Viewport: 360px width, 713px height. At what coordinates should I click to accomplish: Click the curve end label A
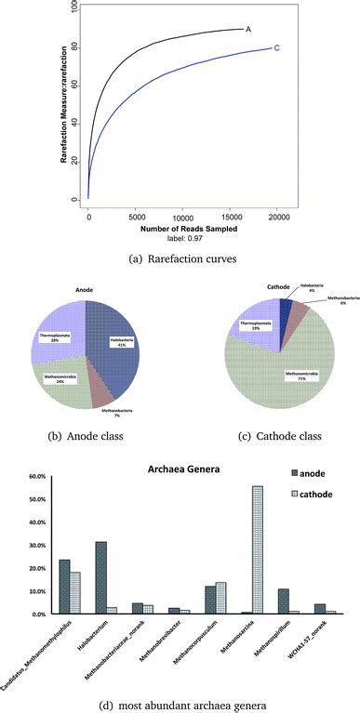[248, 29]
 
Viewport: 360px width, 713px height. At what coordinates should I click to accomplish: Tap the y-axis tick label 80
[73, 47]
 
